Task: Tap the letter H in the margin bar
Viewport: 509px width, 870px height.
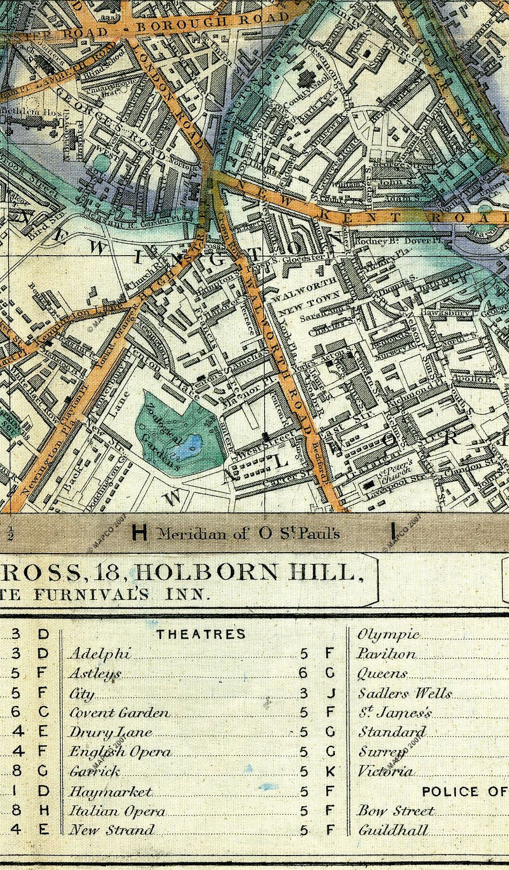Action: point(139,533)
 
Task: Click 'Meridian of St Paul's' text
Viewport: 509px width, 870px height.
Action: point(249,533)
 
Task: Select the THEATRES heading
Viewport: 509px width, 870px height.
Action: point(201,634)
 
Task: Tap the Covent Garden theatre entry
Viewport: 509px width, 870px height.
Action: point(120,713)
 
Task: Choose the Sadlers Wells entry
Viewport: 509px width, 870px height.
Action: point(405,694)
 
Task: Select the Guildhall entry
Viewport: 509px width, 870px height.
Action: point(394,830)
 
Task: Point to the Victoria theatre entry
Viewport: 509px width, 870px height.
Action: point(385,771)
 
